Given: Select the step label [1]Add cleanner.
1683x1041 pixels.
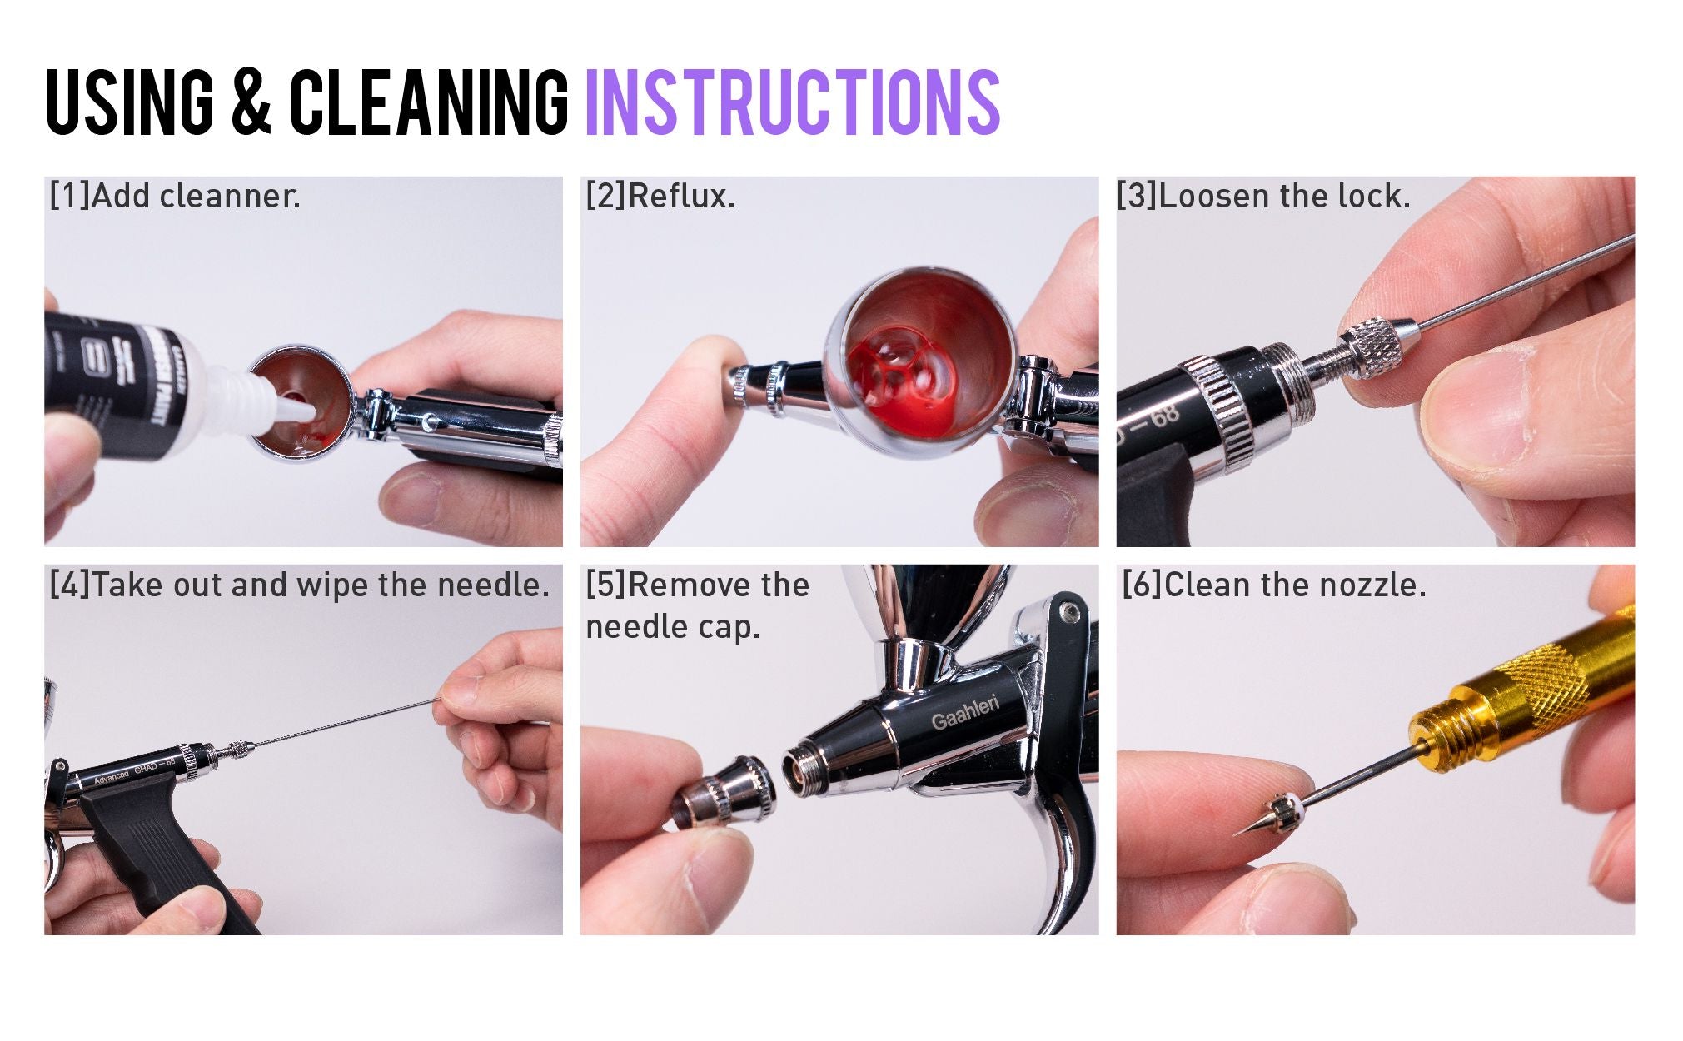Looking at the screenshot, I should [x=175, y=197].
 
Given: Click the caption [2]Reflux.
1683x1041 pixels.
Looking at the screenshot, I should [x=660, y=197].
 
